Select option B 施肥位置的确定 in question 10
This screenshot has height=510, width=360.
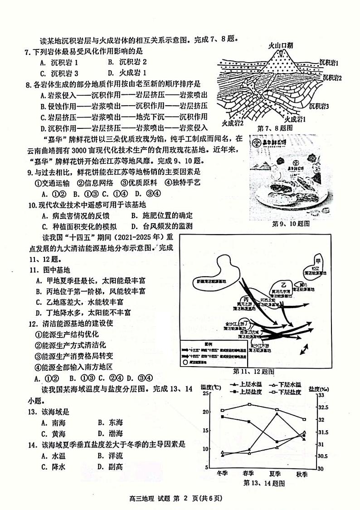tap(161, 216)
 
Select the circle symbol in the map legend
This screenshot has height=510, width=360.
tap(186, 363)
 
